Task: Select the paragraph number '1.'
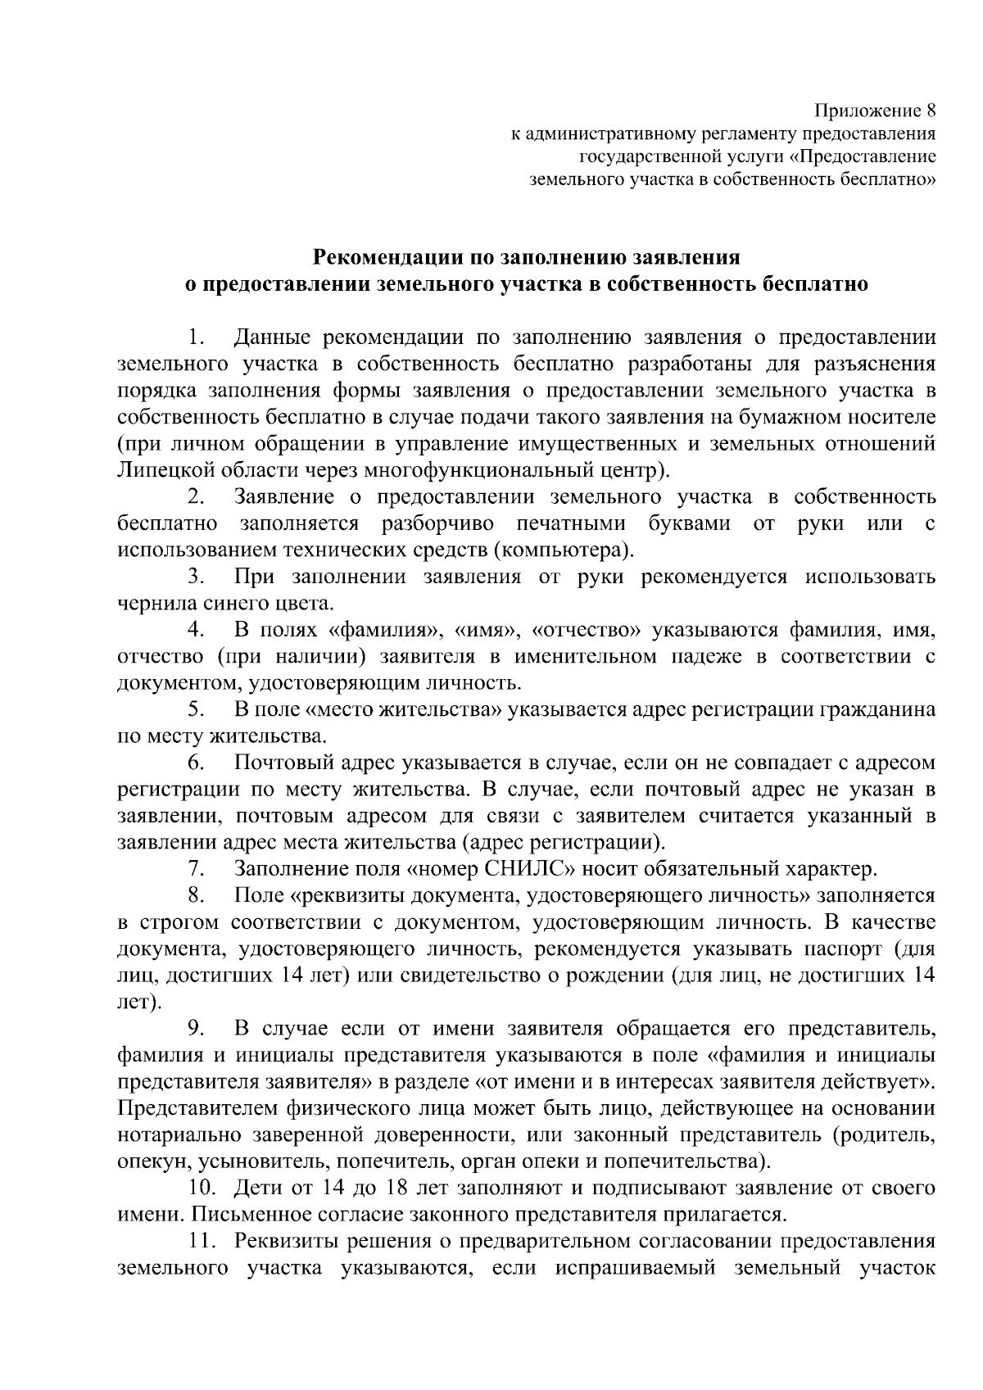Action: tap(194, 337)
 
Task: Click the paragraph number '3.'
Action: tap(194, 577)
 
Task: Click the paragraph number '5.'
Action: tap(194, 710)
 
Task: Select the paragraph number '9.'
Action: tap(194, 1029)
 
